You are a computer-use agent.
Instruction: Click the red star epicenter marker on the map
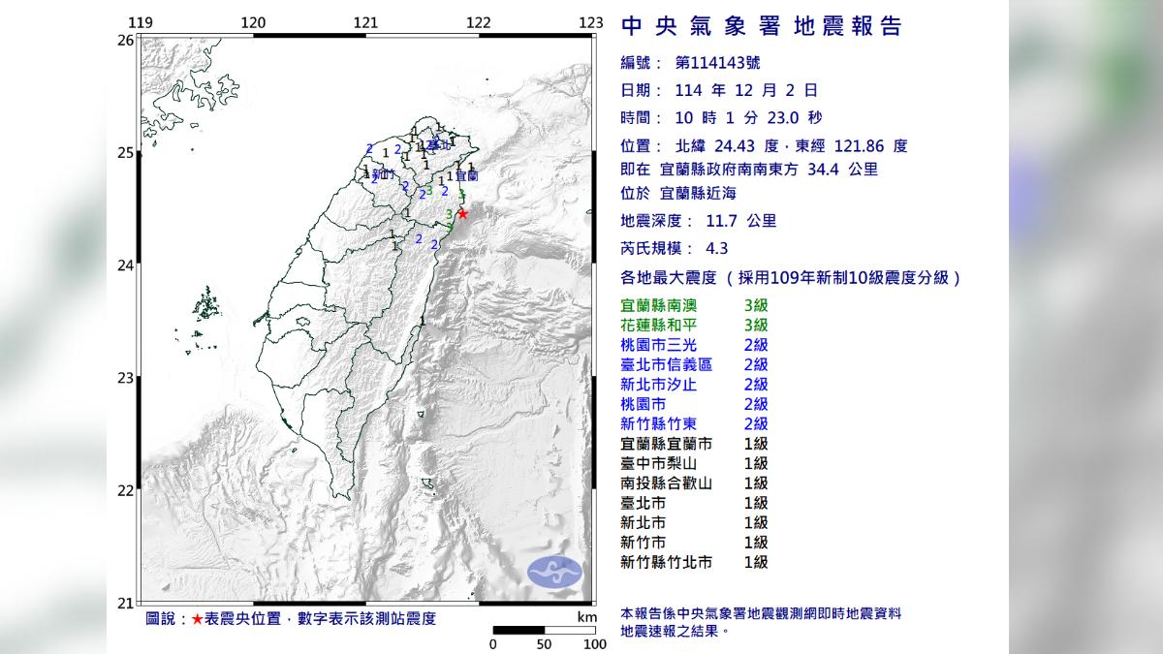(462, 213)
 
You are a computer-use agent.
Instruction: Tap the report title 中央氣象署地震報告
(761, 26)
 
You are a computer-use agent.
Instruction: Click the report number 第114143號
(717, 63)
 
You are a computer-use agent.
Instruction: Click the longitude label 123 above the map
(590, 22)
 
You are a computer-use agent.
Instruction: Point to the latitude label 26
(125, 41)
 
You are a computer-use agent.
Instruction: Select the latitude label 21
(125, 603)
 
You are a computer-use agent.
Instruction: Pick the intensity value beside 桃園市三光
(755, 345)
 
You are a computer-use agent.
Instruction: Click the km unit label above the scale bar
(586, 617)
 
